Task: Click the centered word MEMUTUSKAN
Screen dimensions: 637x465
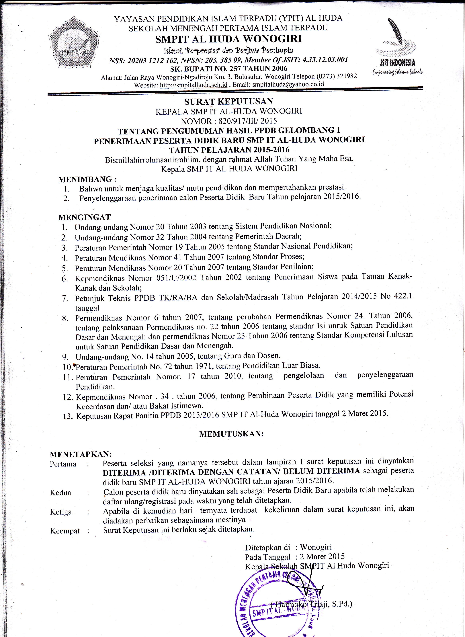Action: (x=231, y=434)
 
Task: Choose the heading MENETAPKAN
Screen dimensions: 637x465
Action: (x=81, y=454)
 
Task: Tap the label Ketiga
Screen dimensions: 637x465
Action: (x=61, y=512)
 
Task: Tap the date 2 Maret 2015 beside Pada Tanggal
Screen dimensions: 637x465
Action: (x=322, y=556)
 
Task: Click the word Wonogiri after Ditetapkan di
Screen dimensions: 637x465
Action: (x=316, y=547)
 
